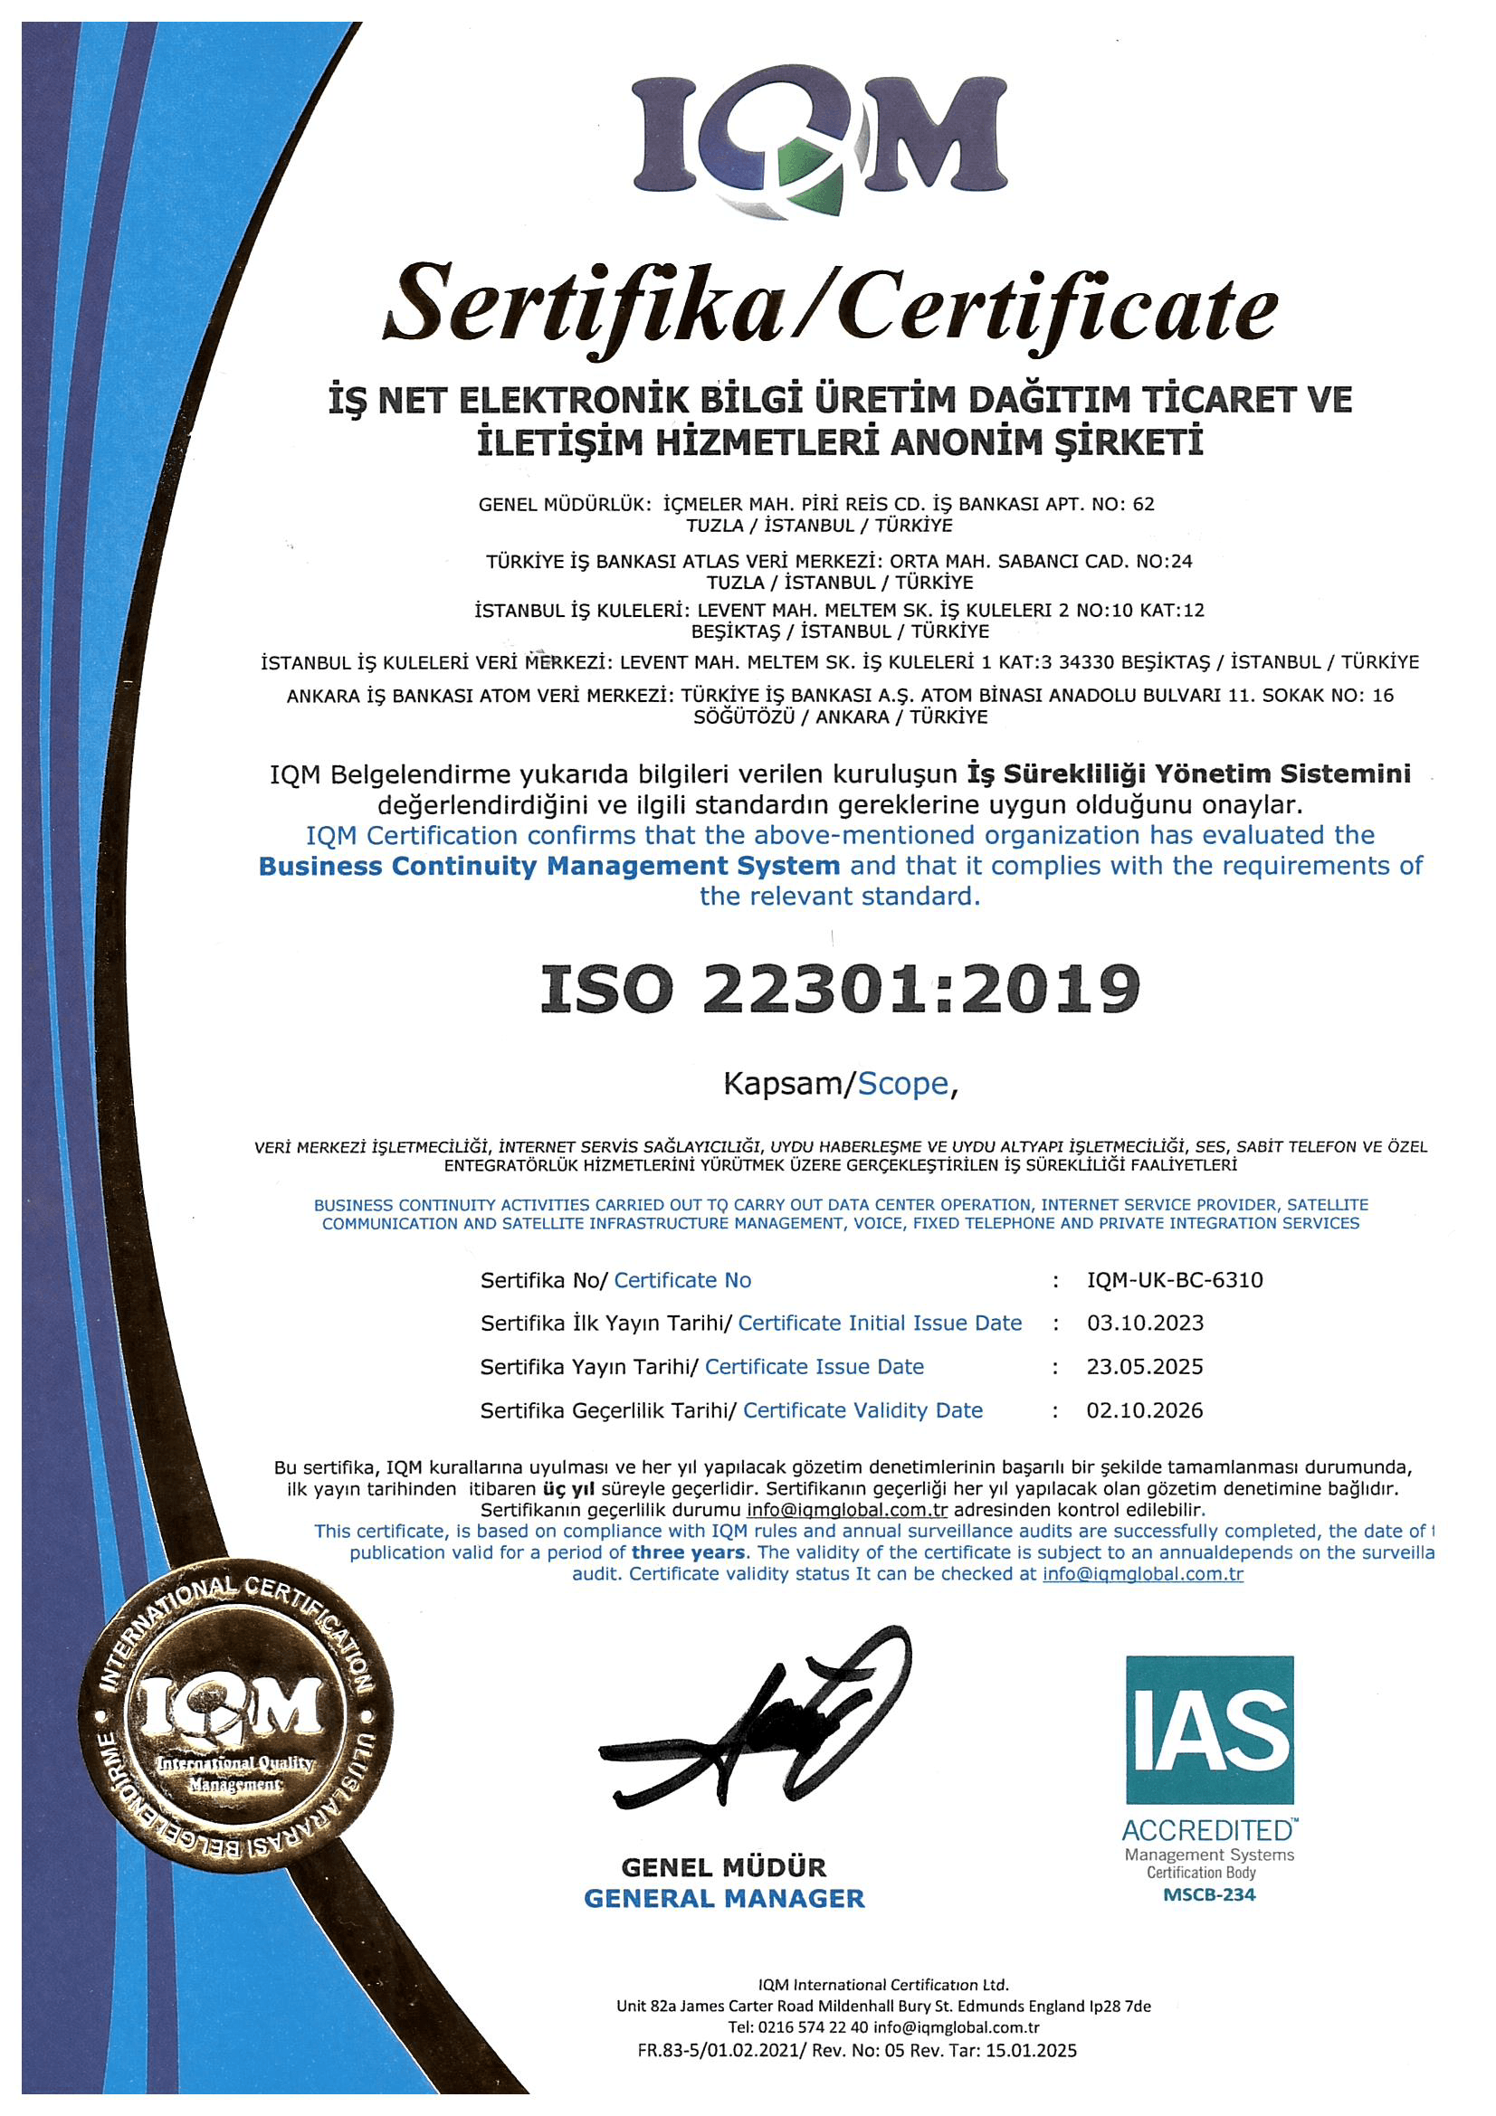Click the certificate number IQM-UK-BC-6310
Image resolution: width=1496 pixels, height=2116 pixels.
click(x=1175, y=1280)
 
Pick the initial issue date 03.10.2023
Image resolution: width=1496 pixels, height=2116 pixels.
click(x=1145, y=1324)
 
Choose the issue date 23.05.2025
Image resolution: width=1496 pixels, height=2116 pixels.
click(x=1145, y=1367)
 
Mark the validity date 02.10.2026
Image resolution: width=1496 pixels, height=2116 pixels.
click(x=1145, y=1410)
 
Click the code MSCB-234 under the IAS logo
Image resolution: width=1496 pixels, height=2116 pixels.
click(x=1208, y=1895)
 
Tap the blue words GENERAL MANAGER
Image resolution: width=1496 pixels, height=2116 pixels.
click(x=725, y=1899)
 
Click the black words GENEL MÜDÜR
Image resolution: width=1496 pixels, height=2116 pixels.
click(x=724, y=1867)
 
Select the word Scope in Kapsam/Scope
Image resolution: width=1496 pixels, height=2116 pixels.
click(x=902, y=1084)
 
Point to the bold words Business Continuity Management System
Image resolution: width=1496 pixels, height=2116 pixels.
click(x=549, y=867)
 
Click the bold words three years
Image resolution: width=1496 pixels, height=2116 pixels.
click(x=688, y=1553)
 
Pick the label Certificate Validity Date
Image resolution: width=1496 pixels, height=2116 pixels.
click(x=862, y=1410)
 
